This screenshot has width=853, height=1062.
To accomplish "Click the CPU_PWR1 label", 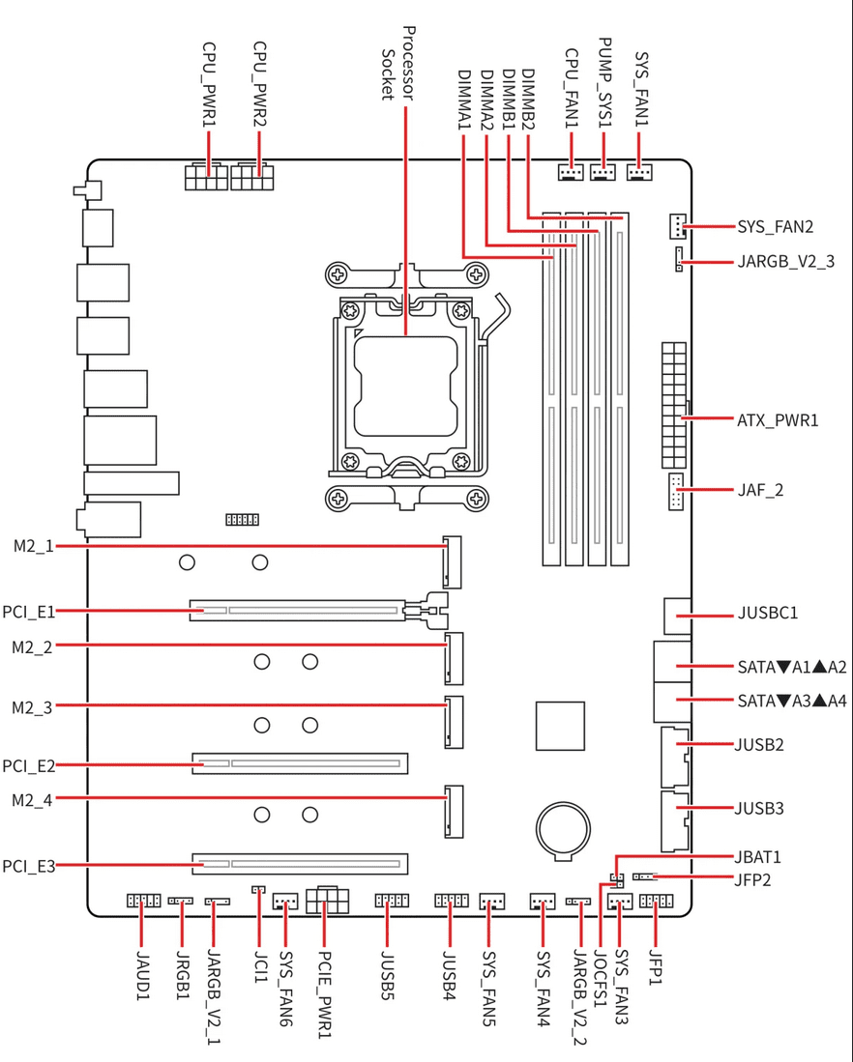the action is (209, 85).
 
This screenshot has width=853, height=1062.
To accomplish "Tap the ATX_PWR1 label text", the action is (778, 420).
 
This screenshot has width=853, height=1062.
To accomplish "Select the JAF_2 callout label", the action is (760, 490).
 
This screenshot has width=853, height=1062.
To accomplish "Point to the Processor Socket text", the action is (398, 64).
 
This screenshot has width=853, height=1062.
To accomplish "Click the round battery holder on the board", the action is (563, 830).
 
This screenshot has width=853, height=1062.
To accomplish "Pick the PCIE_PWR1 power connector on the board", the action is (328, 900).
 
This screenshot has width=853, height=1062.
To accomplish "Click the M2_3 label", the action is (32, 708).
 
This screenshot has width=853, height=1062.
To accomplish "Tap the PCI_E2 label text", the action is (28, 766).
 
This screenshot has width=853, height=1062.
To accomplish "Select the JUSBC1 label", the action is (768, 613).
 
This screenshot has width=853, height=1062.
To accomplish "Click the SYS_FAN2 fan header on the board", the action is (677, 227).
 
